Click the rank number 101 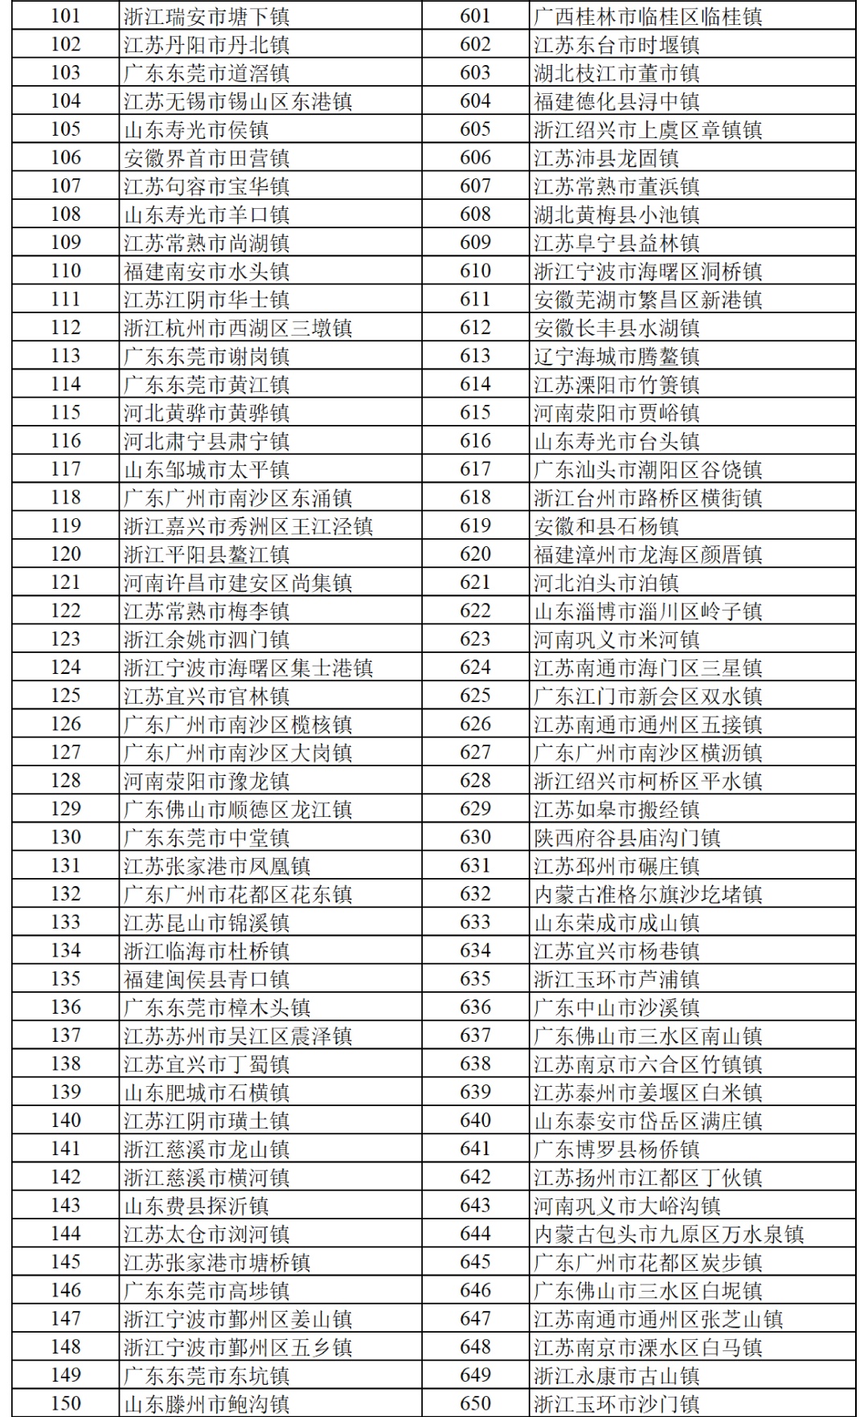pyautogui.click(x=65, y=16)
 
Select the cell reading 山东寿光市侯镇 pyautogui.click(x=196, y=130)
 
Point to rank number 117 pyautogui.click(x=65, y=469)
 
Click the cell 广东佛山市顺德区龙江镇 pyautogui.click(x=238, y=809)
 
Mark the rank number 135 pyautogui.click(x=65, y=978)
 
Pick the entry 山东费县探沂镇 pyautogui.click(x=196, y=1206)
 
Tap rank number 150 pyautogui.click(x=65, y=1403)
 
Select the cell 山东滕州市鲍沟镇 pyautogui.click(x=207, y=1403)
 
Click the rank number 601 pyautogui.click(x=475, y=16)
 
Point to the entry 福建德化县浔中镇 pyautogui.click(x=616, y=101)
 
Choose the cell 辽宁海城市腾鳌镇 pyautogui.click(x=616, y=356)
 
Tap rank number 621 pyautogui.click(x=475, y=582)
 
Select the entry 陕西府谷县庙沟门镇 pyautogui.click(x=627, y=837)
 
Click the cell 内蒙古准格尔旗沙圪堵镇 pyautogui.click(x=648, y=894)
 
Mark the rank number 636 pyautogui.click(x=475, y=1007)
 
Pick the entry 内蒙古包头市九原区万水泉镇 pyautogui.click(x=669, y=1234)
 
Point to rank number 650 pyautogui.click(x=475, y=1403)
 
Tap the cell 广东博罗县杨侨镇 pyautogui.click(x=616, y=1149)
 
